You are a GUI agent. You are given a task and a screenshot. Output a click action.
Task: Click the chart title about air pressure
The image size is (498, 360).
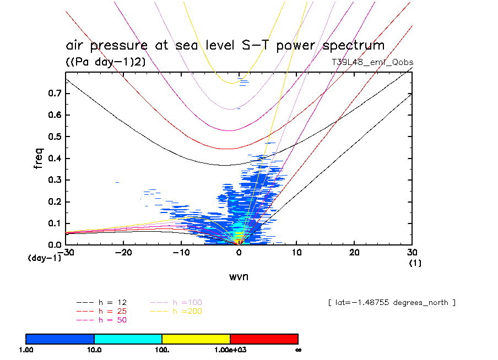tap(225, 45)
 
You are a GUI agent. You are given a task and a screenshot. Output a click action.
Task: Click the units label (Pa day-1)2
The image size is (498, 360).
tap(106, 62)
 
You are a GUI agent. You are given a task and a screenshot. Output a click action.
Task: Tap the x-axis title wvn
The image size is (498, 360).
tap(239, 276)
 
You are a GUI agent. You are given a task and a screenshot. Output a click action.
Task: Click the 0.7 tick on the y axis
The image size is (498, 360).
tap(54, 94)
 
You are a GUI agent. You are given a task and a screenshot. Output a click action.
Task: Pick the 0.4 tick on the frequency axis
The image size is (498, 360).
tap(54, 159)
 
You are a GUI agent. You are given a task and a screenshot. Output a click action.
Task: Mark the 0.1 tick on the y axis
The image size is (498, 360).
tap(54, 223)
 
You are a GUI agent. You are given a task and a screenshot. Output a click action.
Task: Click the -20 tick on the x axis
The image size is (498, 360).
tap(123, 252)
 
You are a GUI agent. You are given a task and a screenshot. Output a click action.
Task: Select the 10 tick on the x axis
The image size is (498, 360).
tap(296, 252)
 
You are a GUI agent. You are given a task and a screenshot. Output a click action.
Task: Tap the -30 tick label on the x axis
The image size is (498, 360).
tap(67, 252)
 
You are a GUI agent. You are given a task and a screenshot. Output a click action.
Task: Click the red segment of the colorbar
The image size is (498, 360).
tap(264, 339)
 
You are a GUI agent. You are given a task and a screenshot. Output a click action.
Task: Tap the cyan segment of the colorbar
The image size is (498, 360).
tap(128, 339)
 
